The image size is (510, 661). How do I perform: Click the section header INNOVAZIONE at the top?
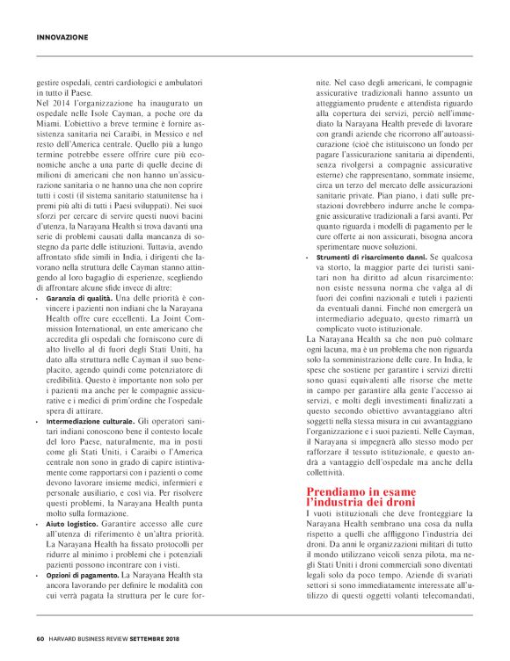[x=62, y=37]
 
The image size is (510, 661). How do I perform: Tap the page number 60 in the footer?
[x=40, y=639]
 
